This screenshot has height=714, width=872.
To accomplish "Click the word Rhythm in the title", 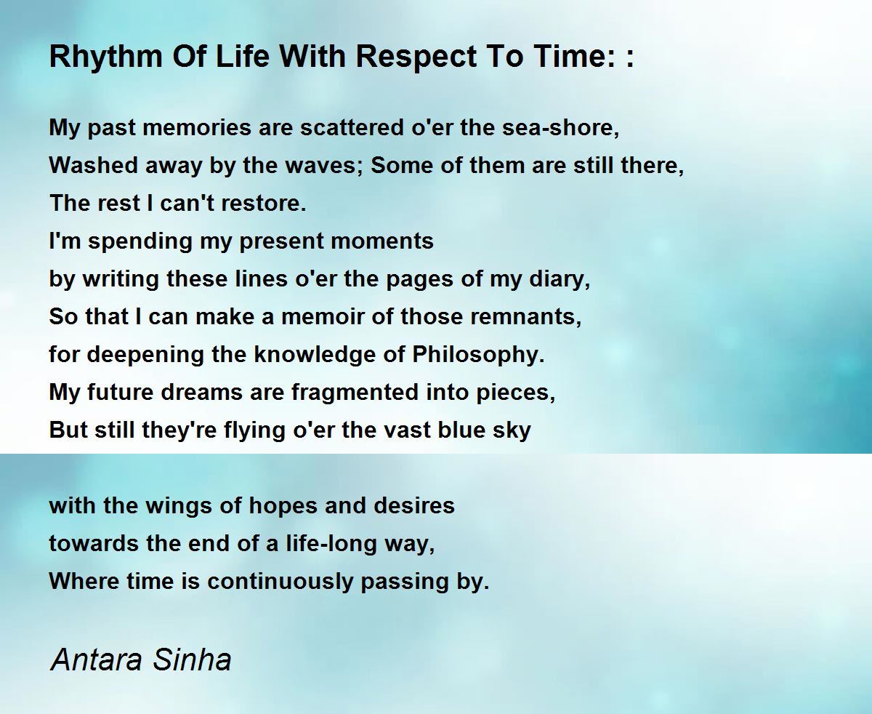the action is pos(106,57).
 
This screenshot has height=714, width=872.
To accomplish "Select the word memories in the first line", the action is pos(196,127).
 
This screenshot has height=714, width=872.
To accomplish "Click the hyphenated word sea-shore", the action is pos(561,127).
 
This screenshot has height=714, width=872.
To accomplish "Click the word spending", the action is pos(140,242).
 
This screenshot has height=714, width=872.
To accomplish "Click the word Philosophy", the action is pos(478,356).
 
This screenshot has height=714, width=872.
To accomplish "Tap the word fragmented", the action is pos(355,393).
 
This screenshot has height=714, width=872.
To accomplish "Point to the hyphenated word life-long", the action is pos(331,545).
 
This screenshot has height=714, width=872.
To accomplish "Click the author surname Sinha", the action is pos(192,659).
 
